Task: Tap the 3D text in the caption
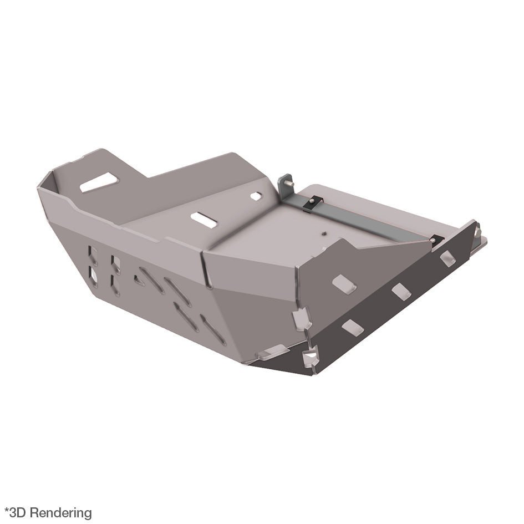click(x=18, y=513)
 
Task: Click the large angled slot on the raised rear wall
click(x=99, y=182)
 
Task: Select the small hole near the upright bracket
click(x=256, y=196)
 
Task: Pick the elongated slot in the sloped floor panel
click(x=204, y=220)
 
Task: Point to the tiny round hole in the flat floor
click(x=323, y=233)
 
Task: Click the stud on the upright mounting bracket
click(x=290, y=184)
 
